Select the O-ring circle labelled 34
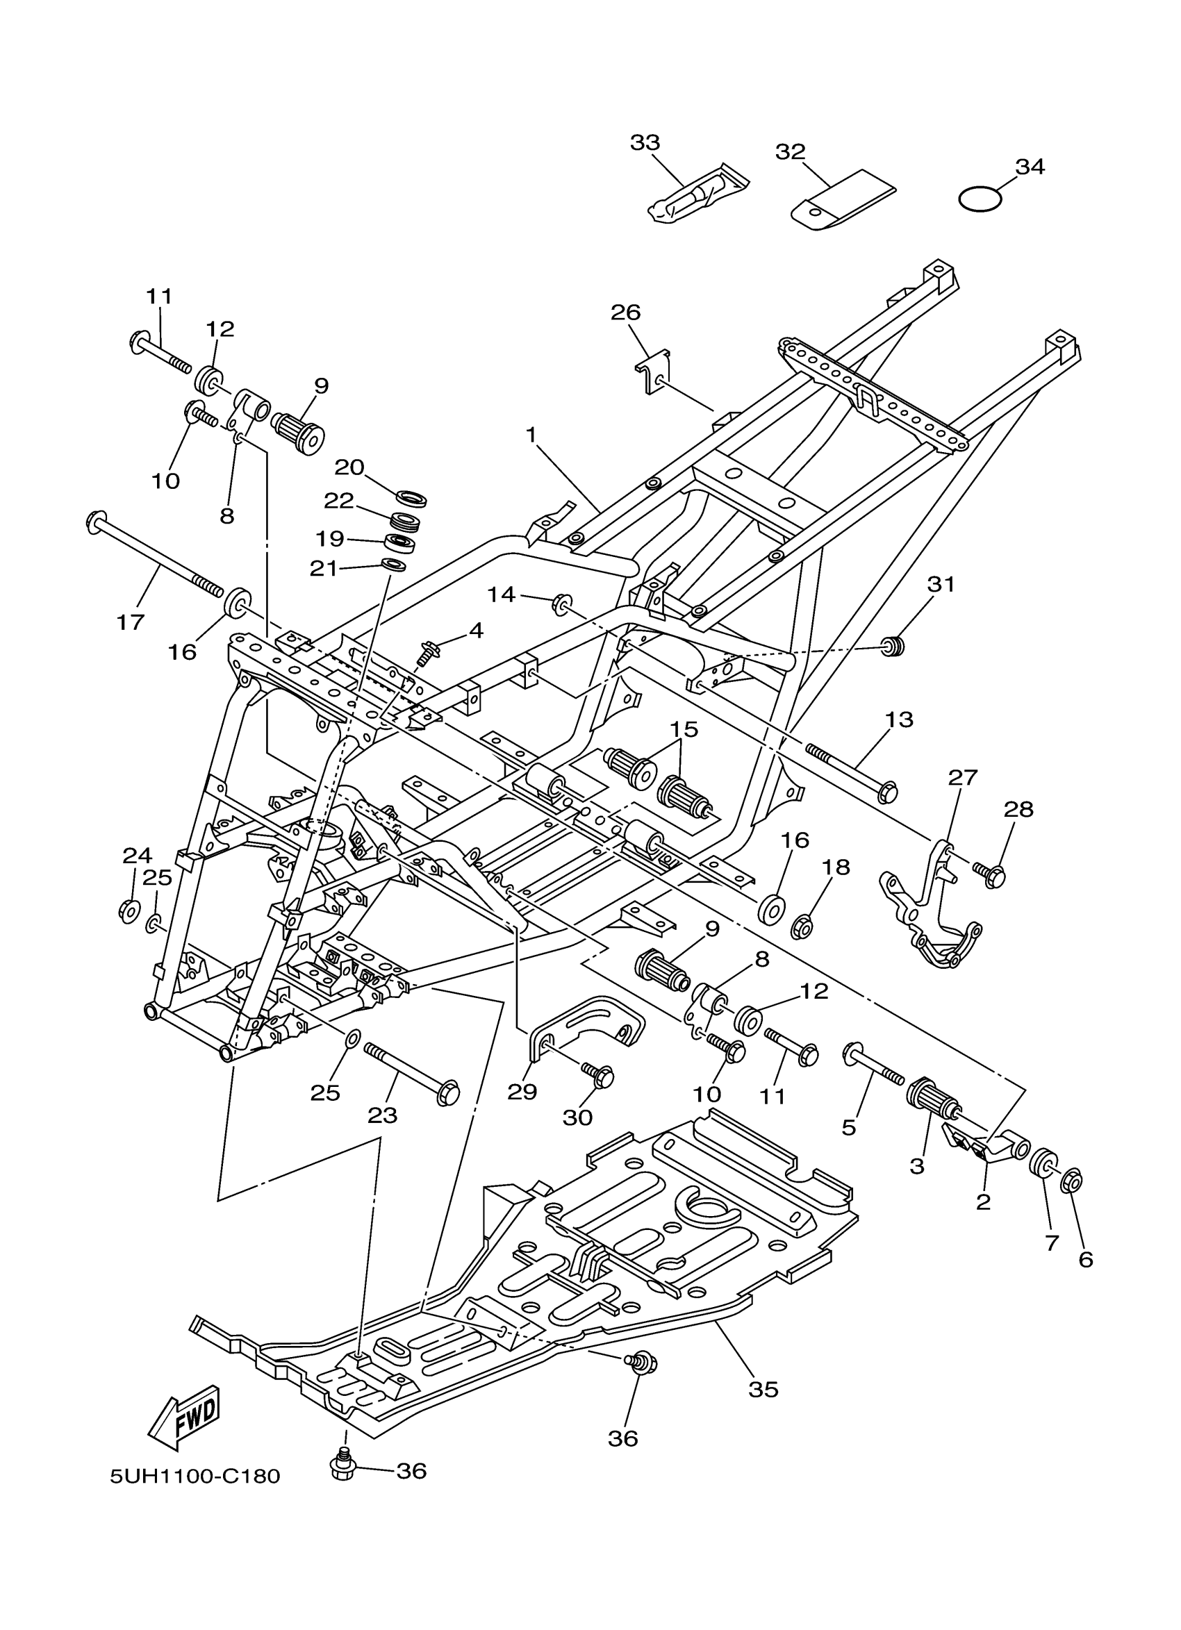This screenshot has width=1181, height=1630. click(x=980, y=198)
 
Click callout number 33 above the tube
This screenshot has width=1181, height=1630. click(x=645, y=142)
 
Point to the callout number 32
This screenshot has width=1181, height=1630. click(x=790, y=151)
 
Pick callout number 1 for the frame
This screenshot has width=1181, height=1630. click(x=531, y=435)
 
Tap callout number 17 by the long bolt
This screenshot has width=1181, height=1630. click(x=131, y=622)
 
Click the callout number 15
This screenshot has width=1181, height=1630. click(x=684, y=729)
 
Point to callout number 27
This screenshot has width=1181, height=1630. click(x=963, y=778)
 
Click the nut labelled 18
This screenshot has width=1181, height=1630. click(x=803, y=927)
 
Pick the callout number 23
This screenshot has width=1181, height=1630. click(x=382, y=1115)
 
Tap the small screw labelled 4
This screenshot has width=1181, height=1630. click(x=427, y=654)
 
